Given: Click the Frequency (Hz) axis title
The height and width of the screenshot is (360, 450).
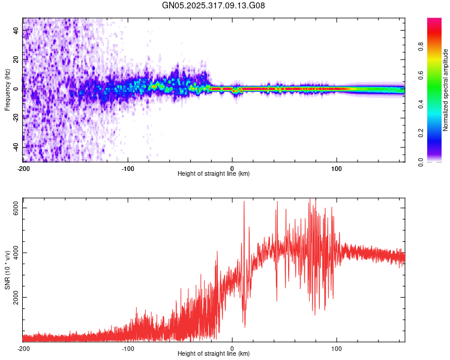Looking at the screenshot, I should point(7,89).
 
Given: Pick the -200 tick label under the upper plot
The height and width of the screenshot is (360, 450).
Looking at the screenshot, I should point(23,168).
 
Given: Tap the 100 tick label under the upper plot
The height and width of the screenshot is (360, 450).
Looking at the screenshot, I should point(337,168).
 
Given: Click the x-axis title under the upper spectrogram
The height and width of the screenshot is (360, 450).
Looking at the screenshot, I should point(214,174).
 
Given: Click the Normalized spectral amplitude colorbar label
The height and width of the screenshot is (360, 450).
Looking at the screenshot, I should point(446,90).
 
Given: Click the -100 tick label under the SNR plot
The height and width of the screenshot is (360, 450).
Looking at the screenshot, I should point(128,348).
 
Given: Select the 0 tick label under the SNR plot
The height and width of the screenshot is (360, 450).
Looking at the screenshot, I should point(232,348).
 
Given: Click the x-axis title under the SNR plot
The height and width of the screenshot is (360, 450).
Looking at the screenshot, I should point(214,354).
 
